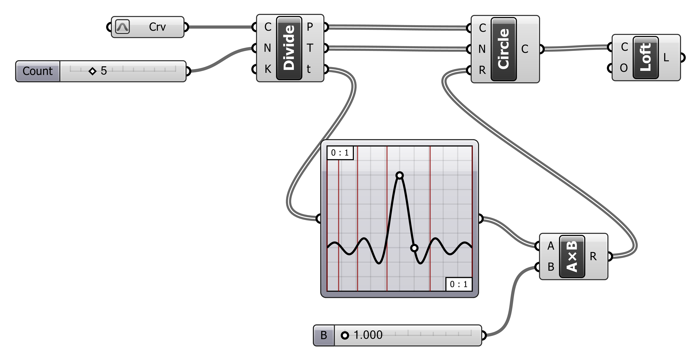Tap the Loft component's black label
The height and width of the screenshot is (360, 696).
click(646, 57)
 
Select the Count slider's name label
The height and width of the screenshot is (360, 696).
click(38, 71)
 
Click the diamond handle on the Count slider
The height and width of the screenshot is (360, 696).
click(92, 71)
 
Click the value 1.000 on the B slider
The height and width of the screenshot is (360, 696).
click(368, 335)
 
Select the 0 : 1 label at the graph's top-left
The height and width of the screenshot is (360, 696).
click(340, 153)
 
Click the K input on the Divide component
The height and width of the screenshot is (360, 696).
click(268, 69)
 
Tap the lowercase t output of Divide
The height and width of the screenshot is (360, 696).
click(309, 69)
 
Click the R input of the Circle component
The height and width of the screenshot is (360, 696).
click(482, 70)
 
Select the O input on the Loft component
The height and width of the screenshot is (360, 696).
click(624, 68)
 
